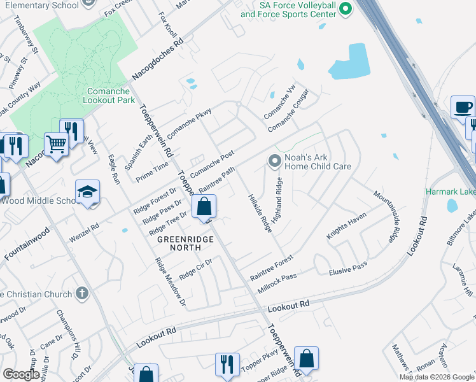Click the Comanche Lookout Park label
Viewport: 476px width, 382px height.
pos(108,95)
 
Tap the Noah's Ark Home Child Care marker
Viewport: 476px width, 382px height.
pos(274,162)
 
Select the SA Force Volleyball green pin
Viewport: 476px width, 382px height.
pos(346,8)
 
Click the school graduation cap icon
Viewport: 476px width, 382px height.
pos(87,192)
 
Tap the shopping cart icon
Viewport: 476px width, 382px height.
pos(56,145)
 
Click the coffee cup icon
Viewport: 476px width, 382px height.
pos(463,107)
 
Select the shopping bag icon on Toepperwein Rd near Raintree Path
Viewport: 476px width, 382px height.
pos(204,206)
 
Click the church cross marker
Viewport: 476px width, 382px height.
pos(80,294)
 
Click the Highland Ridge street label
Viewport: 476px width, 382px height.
pos(277,199)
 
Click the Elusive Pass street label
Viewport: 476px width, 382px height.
pos(348,267)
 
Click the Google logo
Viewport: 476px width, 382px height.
pos(21,374)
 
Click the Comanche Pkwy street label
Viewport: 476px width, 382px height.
pos(189,124)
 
